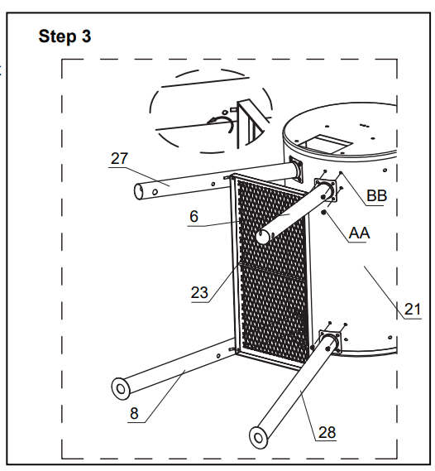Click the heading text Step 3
(x=65, y=37)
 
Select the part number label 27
(x=119, y=158)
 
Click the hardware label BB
(x=377, y=195)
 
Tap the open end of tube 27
(x=141, y=192)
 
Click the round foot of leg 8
(x=119, y=387)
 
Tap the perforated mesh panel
(x=274, y=273)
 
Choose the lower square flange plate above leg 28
(x=328, y=342)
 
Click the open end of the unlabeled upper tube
(x=262, y=237)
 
